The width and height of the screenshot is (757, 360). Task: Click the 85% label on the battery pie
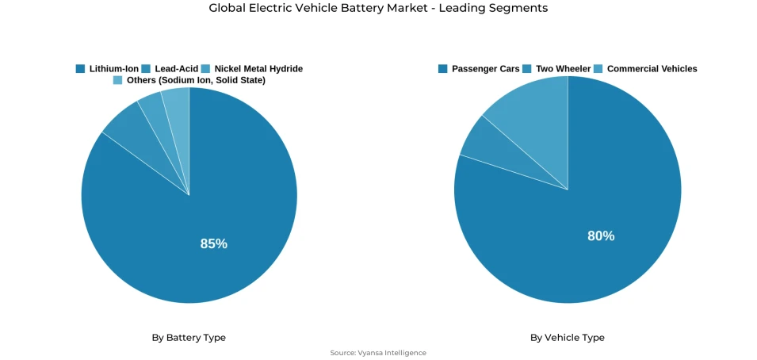213,244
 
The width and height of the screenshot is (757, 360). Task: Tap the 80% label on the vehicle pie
601,236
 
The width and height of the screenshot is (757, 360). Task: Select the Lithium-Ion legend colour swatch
80,69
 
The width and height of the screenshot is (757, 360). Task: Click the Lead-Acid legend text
176,69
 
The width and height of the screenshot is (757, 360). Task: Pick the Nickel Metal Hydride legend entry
258,69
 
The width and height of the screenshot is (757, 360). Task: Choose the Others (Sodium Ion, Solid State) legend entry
196,80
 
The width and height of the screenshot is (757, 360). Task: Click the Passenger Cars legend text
485,69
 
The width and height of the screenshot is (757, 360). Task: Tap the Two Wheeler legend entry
563,69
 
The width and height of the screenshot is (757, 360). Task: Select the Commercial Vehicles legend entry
652,69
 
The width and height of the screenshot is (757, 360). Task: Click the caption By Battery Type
189,338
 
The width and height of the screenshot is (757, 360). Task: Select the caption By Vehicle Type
567,338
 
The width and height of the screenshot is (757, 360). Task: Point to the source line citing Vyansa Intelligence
378,353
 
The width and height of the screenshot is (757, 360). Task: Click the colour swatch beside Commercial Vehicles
598,69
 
